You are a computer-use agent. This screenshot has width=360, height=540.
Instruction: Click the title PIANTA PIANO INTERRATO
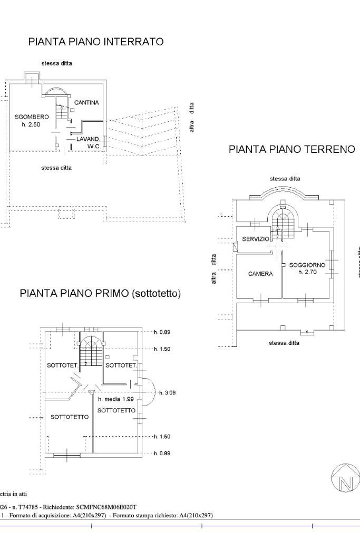pyautogui.click(x=95, y=42)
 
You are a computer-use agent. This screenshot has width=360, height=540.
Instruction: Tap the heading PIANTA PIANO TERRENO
pyautogui.click(x=291, y=149)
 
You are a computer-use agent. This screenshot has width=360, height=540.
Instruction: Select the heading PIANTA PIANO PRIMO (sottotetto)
pyautogui.click(x=100, y=294)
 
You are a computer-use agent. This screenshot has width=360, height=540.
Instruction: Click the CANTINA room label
pyautogui.click(x=86, y=102)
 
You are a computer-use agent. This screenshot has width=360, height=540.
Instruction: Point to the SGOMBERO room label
pyautogui.click(x=32, y=117)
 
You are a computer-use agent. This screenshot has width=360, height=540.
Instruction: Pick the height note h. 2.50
pyautogui.click(x=31, y=124)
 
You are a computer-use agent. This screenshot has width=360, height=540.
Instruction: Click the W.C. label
pyautogui.click(x=94, y=146)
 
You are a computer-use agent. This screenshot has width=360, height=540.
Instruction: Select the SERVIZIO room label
pyautogui.click(x=256, y=239)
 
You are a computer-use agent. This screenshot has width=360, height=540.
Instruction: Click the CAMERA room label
pyautogui.click(x=260, y=274)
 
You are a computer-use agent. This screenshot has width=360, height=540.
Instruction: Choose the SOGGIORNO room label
pyautogui.click(x=307, y=265)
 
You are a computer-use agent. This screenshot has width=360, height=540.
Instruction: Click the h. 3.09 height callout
pyautogui.click(x=167, y=393)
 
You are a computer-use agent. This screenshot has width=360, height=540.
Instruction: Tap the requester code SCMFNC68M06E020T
pyautogui.click(x=109, y=507)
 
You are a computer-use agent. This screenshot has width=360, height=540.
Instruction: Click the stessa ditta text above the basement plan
pyautogui.click(x=56, y=63)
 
